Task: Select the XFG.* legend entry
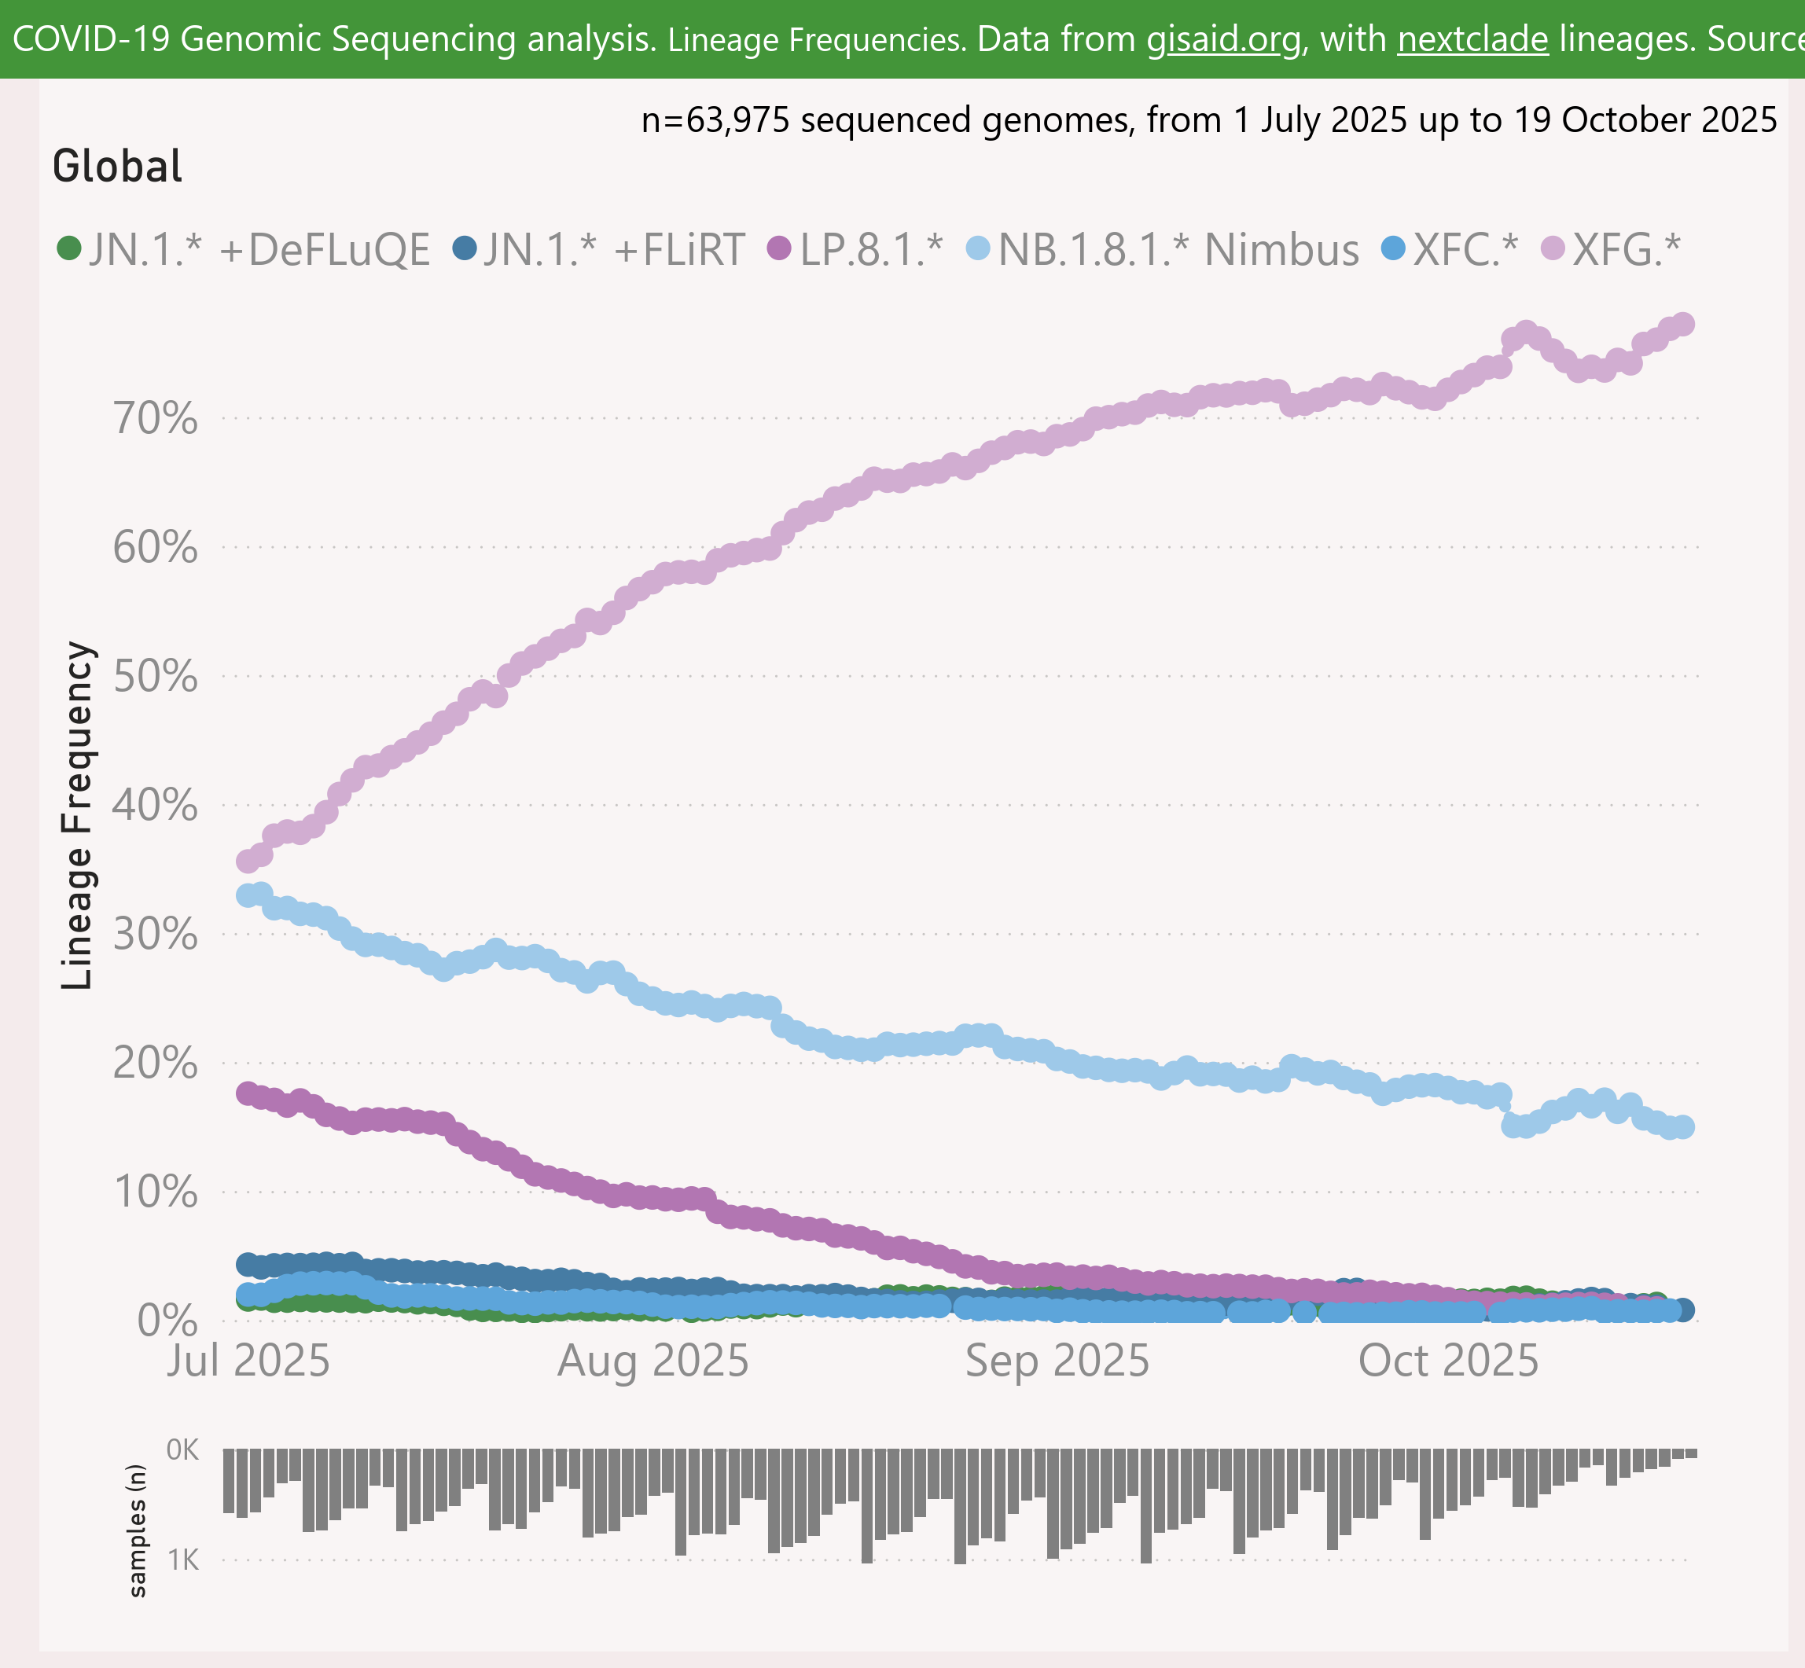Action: pyautogui.click(x=1612, y=249)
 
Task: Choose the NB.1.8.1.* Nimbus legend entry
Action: pyautogui.click(x=1164, y=249)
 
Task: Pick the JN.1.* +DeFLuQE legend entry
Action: pyautogui.click(x=244, y=249)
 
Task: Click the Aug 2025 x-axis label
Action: pyautogui.click(x=653, y=1360)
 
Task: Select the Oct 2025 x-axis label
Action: pyautogui.click(x=1447, y=1360)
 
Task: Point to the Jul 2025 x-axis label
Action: pyautogui.click(x=248, y=1360)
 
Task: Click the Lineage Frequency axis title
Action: pyautogui.click(x=78, y=816)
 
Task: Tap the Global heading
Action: pyautogui.click(x=117, y=166)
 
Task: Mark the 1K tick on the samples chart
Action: pyautogui.click(x=183, y=1560)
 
